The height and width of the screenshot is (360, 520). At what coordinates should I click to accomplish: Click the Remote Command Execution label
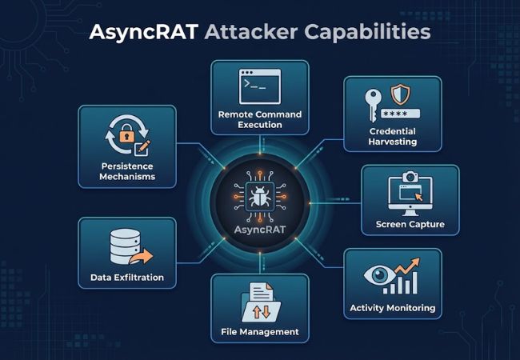point(260,119)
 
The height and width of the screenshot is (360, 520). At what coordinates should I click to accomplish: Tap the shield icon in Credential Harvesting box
point(403,94)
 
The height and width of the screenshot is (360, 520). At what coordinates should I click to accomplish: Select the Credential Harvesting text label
point(393,137)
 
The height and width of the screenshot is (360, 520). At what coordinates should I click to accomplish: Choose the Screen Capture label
point(410,224)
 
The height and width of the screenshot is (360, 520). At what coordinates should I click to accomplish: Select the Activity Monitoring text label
point(393,307)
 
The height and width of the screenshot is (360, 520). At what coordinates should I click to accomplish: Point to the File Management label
point(260,331)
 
